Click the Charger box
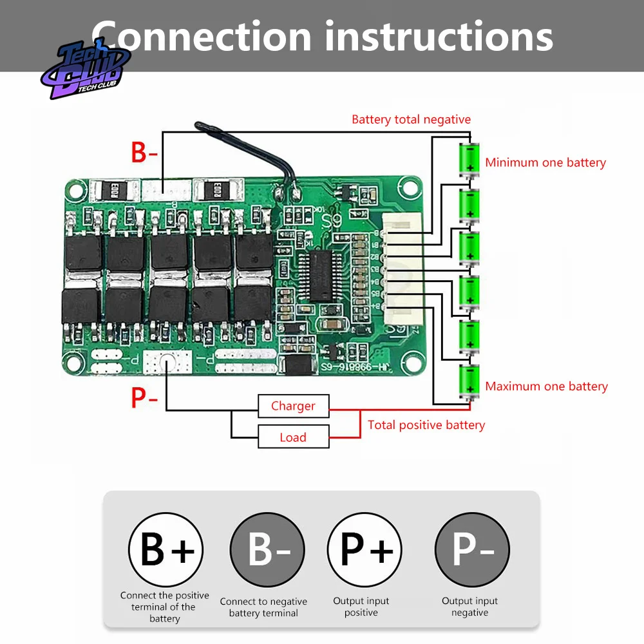click(x=293, y=406)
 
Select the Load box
click(x=293, y=437)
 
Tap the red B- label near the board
click(x=144, y=153)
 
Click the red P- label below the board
click(x=144, y=398)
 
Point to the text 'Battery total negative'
click(x=411, y=120)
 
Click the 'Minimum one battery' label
click(x=545, y=162)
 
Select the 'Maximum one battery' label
click(x=546, y=386)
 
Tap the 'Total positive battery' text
click(x=426, y=425)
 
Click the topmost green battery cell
click(x=469, y=158)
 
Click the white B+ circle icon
click(x=166, y=549)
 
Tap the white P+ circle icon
click(x=365, y=549)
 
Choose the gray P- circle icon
click(x=472, y=549)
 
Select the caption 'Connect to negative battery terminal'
click(x=263, y=607)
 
